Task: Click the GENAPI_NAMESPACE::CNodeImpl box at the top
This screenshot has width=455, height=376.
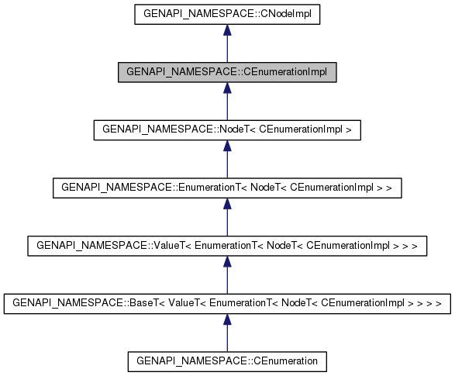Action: (226, 14)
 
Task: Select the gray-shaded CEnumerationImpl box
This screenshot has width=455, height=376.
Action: (226, 72)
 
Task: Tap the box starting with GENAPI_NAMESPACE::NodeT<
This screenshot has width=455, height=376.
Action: (226, 129)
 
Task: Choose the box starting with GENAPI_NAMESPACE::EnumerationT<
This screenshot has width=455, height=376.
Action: (226, 188)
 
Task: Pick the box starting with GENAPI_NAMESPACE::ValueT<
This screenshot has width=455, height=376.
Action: (226, 246)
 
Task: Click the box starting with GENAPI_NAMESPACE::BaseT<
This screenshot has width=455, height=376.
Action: (226, 303)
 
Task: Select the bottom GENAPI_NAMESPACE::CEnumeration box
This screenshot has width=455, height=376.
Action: (226, 361)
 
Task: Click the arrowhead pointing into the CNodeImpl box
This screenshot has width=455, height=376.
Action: (226, 30)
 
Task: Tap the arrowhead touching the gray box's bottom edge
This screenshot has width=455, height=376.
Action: (226, 88)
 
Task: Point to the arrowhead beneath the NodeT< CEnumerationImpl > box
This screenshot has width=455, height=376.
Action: (226, 146)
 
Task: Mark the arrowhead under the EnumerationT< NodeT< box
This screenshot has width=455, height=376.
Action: (226, 204)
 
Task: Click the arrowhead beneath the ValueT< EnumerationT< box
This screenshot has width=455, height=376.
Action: (226, 262)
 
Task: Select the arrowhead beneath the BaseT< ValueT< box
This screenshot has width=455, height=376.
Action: (226, 319)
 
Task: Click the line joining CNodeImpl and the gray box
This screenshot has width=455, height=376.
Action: (226, 50)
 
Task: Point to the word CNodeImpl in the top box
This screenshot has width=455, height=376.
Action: (285, 14)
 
